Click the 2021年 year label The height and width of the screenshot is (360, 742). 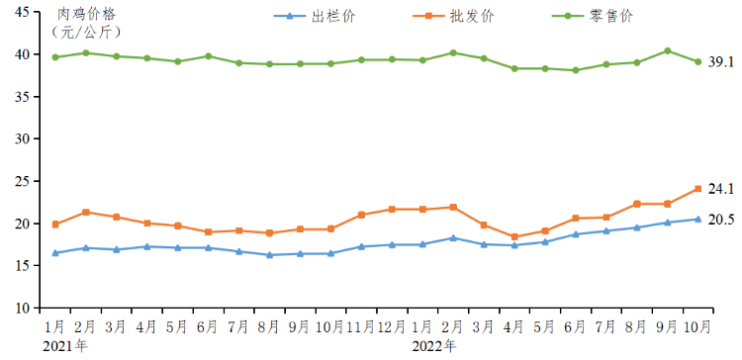point(64,345)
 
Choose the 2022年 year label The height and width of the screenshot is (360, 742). point(434,345)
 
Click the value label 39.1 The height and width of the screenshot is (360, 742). point(721,61)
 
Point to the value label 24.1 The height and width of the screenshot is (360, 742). point(721,189)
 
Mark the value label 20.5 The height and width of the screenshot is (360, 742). point(721,220)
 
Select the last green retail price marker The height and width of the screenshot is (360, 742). point(697,61)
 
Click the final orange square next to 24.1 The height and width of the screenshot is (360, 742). point(697,188)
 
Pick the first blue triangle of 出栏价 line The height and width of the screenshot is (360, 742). point(55,253)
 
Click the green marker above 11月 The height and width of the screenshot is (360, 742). point(362,59)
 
